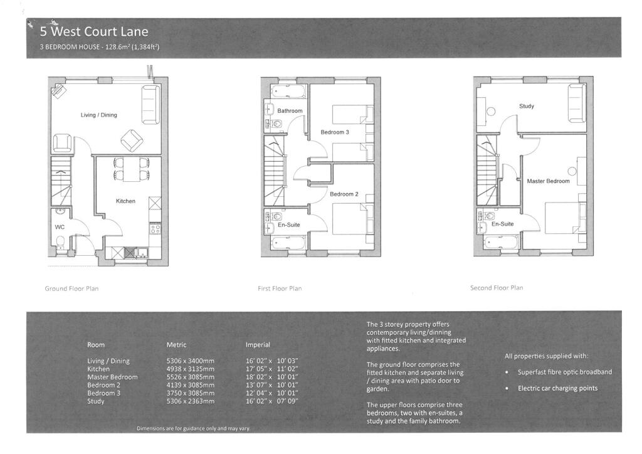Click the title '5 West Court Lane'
[x=94, y=31]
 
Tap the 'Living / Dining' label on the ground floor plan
[x=98, y=115]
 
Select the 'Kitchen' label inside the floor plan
[x=125, y=201]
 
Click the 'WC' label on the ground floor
[x=60, y=227]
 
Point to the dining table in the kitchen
[x=131, y=169]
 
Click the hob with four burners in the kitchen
[x=155, y=228]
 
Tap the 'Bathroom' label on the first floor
[x=290, y=110]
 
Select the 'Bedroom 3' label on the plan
[x=335, y=132]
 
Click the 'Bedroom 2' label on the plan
[x=344, y=194]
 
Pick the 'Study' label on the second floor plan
[x=527, y=106]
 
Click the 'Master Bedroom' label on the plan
[x=548, y=181]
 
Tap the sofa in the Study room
[x=577, y=103]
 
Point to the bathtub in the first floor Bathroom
[x=288, y=91]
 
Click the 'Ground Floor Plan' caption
[x=71, y=288]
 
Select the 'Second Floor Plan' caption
[x=497, y=288]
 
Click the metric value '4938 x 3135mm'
[x=191, y=369]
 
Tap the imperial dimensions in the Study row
[x=272, y=401]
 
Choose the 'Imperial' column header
[x=258, y=345]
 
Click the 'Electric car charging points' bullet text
[x=557, y=388]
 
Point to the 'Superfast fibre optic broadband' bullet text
[x=565, y=372]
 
